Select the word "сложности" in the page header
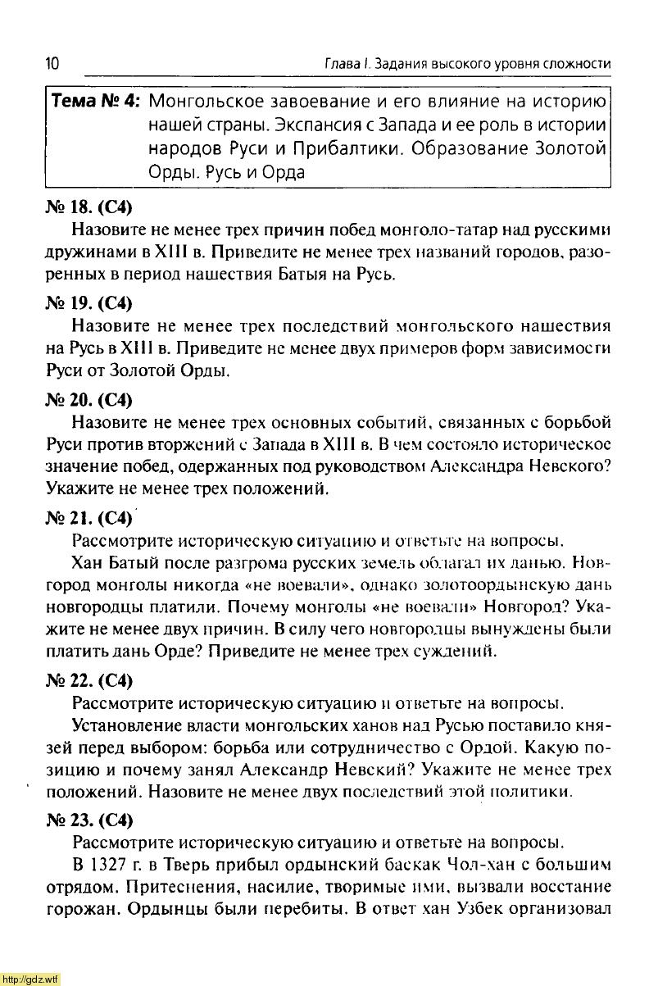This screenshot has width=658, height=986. [x=575, y=64]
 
